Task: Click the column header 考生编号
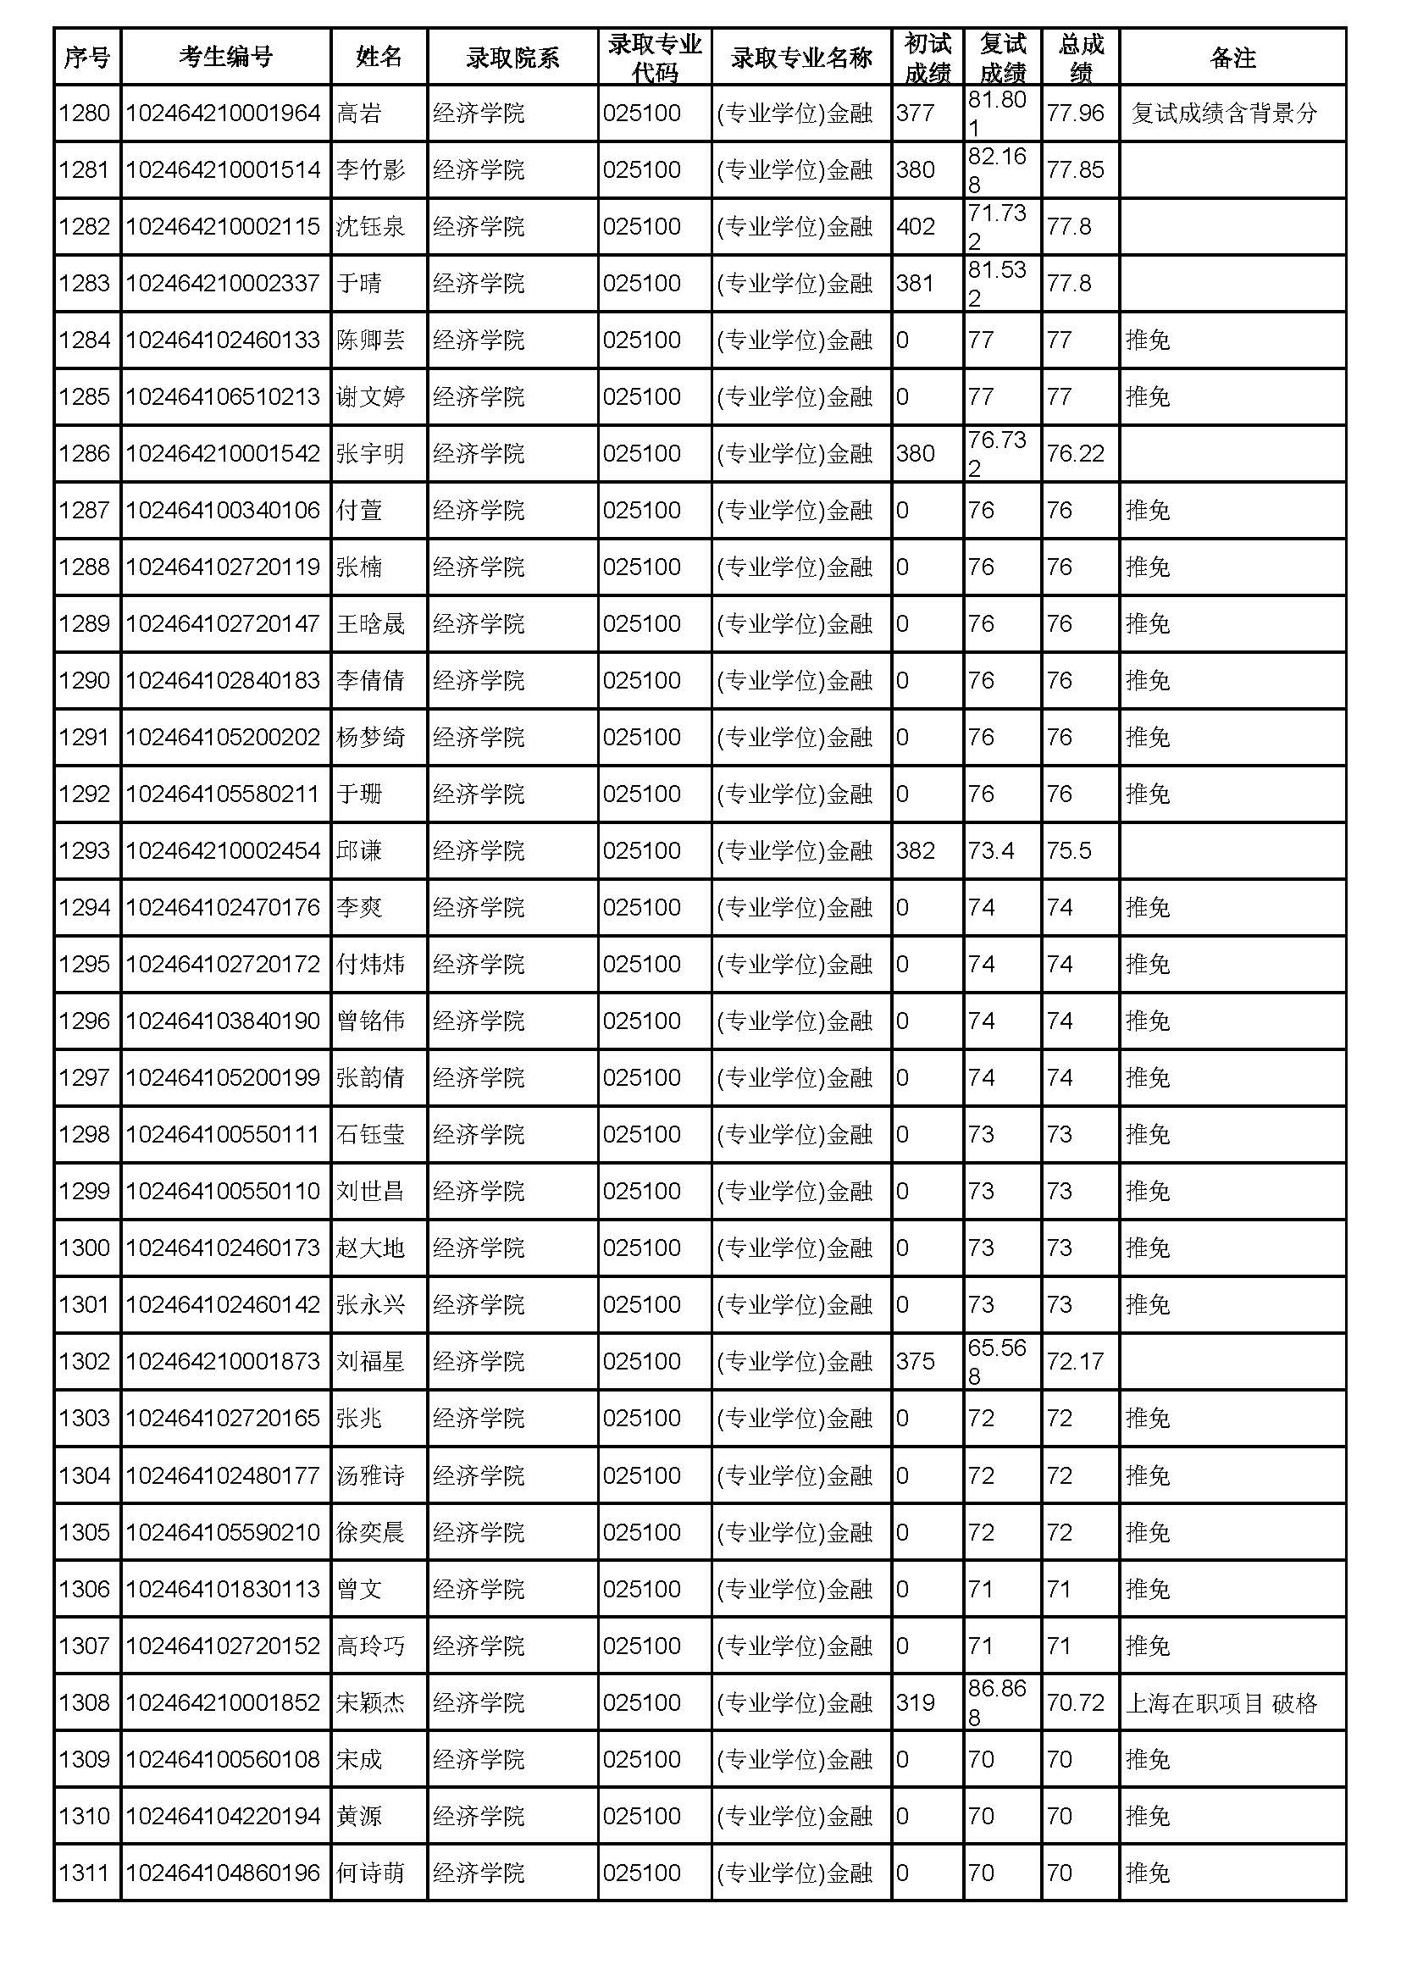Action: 225,57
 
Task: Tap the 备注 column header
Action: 1232,57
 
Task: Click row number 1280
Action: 85,113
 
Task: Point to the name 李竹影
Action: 370,170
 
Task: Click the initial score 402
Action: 916,227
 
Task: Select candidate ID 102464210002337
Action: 223,284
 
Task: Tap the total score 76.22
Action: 1075,454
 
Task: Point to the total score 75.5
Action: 1069,850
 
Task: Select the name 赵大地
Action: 370,1248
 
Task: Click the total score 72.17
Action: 1075,1362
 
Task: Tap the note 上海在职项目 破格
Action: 1221,1702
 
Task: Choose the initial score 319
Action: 916,1702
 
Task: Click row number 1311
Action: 85,1873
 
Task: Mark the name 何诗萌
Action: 370,1873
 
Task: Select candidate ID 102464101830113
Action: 223,1589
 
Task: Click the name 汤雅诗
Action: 370,1475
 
